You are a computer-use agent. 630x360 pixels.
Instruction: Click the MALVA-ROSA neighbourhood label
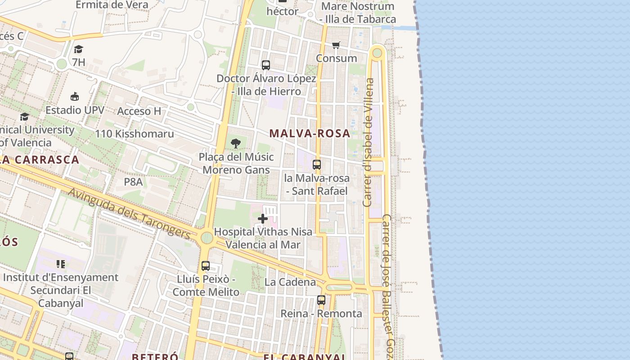click(310, 133)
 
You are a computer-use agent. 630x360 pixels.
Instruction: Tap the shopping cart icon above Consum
click(336, 45)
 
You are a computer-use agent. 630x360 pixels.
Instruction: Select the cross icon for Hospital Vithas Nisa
click(263, 219)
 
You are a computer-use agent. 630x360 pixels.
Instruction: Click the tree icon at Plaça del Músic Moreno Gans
click(235, 144)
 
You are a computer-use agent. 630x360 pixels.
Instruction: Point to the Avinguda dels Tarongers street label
click(130, 213)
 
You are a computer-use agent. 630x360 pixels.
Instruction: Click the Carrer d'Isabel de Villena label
click(369, 142)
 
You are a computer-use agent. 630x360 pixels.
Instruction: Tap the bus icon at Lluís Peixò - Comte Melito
click(206, 265)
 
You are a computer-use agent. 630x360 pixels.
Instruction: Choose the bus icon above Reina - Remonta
click(321, 300)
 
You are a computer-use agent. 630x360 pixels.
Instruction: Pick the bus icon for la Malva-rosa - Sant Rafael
click(317, 165)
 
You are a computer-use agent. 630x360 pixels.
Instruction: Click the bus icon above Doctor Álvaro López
click(266, 65)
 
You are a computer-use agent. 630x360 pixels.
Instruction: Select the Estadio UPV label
click(75, 110)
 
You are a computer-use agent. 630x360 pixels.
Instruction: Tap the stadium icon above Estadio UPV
click(75, 96)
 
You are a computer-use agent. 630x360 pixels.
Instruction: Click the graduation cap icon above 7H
click(79, 49)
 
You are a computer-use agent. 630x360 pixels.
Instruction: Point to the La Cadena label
click(290, 282)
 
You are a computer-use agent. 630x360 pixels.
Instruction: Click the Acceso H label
click(139, 111)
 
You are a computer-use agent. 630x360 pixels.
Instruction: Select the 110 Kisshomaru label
click(134, 134)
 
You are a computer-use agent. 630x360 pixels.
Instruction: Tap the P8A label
click(133, 182)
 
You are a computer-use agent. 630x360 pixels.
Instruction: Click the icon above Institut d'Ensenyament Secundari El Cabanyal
click(61, 264)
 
